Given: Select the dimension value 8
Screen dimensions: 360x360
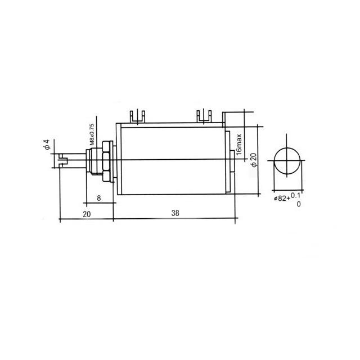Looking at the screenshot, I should click(x=99, y=198).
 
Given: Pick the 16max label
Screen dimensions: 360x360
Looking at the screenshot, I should click(x=239, y=144).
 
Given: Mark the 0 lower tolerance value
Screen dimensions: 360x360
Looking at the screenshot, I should click(x=299, y=204).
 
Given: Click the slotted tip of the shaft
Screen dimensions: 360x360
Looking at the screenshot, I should click(x=62, y=162).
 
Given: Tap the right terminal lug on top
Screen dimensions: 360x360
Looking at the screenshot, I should click(x=204, y=116).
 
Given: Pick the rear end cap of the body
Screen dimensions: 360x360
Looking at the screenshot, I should click(x=229, y=161).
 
